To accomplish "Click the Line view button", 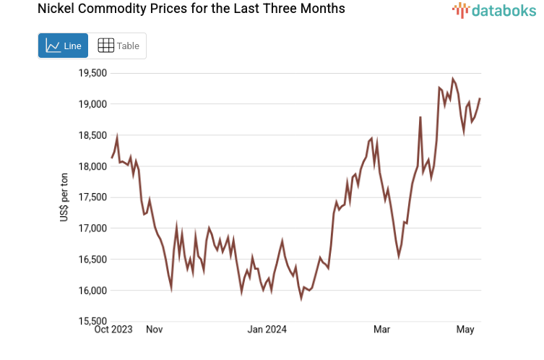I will coord(63,46).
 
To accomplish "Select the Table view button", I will coord(118,46).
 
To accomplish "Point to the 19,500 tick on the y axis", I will coord(92,73).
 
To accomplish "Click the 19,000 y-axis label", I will coord(92,104).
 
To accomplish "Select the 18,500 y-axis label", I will coord(92,135).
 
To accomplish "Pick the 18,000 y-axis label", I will coord(92,166).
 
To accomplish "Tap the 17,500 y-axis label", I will coord(92,197).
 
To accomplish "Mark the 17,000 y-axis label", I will coord(92,228).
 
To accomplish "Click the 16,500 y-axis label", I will coord(92,260).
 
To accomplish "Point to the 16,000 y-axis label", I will coord(92,291).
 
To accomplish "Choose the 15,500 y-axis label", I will coord(92,322).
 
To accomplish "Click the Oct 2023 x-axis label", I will coord(113,330).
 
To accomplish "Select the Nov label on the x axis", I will coord(154,330).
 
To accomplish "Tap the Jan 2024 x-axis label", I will coord(267,330).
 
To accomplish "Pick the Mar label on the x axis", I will coord(381,330).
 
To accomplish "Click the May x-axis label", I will coord(465,330).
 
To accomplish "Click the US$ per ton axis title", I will coord(64,197).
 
